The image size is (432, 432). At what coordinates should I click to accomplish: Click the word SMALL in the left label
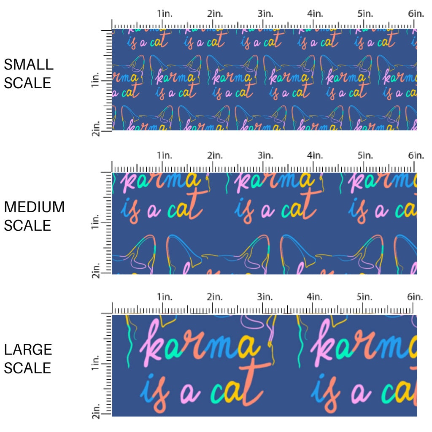[x=28, y=65]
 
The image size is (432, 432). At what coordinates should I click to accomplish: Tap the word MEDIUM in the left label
[x=34, y=207]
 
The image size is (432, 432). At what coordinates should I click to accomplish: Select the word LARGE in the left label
[x=28, y=350]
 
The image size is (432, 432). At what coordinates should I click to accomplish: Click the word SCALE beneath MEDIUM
[x=27, y=225]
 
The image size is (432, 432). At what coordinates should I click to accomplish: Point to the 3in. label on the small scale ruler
[x=265, y=13]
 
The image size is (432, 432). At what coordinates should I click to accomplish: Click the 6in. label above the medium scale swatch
[x=416, y=156]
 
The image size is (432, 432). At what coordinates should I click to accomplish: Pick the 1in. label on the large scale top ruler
[x=165, y=297]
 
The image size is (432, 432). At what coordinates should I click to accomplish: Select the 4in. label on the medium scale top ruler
[x=315, y=156]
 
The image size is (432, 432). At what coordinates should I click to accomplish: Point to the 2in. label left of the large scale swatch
[x=95, y=411]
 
